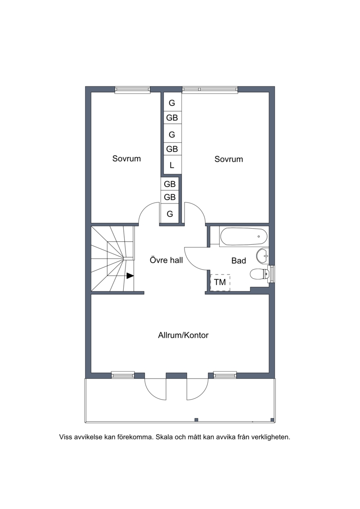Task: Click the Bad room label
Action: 238,261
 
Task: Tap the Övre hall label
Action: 166,260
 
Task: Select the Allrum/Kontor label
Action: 183,335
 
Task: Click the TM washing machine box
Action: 220,283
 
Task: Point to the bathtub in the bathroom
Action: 243,237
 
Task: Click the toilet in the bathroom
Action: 259,274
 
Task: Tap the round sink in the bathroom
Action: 262,256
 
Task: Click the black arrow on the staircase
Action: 130,275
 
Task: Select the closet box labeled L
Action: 172,165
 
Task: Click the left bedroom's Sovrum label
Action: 126,159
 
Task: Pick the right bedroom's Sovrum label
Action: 229,159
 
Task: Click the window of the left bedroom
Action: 133,90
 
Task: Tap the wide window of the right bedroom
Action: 210,90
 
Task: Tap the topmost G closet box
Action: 172,103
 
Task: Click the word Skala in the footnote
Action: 165,437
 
